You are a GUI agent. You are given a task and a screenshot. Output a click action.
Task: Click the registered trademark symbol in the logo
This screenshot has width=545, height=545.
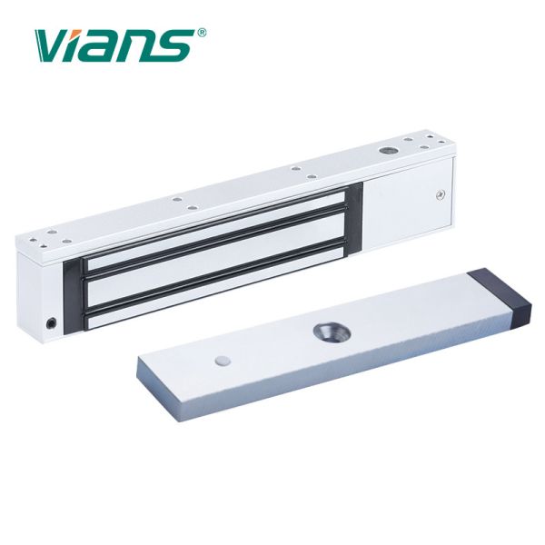(202, 33)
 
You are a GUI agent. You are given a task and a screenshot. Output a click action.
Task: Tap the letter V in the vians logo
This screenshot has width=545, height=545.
(49, 46)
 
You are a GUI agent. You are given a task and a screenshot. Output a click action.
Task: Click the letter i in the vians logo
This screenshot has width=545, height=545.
(72, 46)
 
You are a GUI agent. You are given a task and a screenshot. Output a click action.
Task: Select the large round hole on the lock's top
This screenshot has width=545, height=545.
(385, 151)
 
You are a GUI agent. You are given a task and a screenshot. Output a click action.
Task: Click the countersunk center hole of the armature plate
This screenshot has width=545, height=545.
(332, 332)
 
